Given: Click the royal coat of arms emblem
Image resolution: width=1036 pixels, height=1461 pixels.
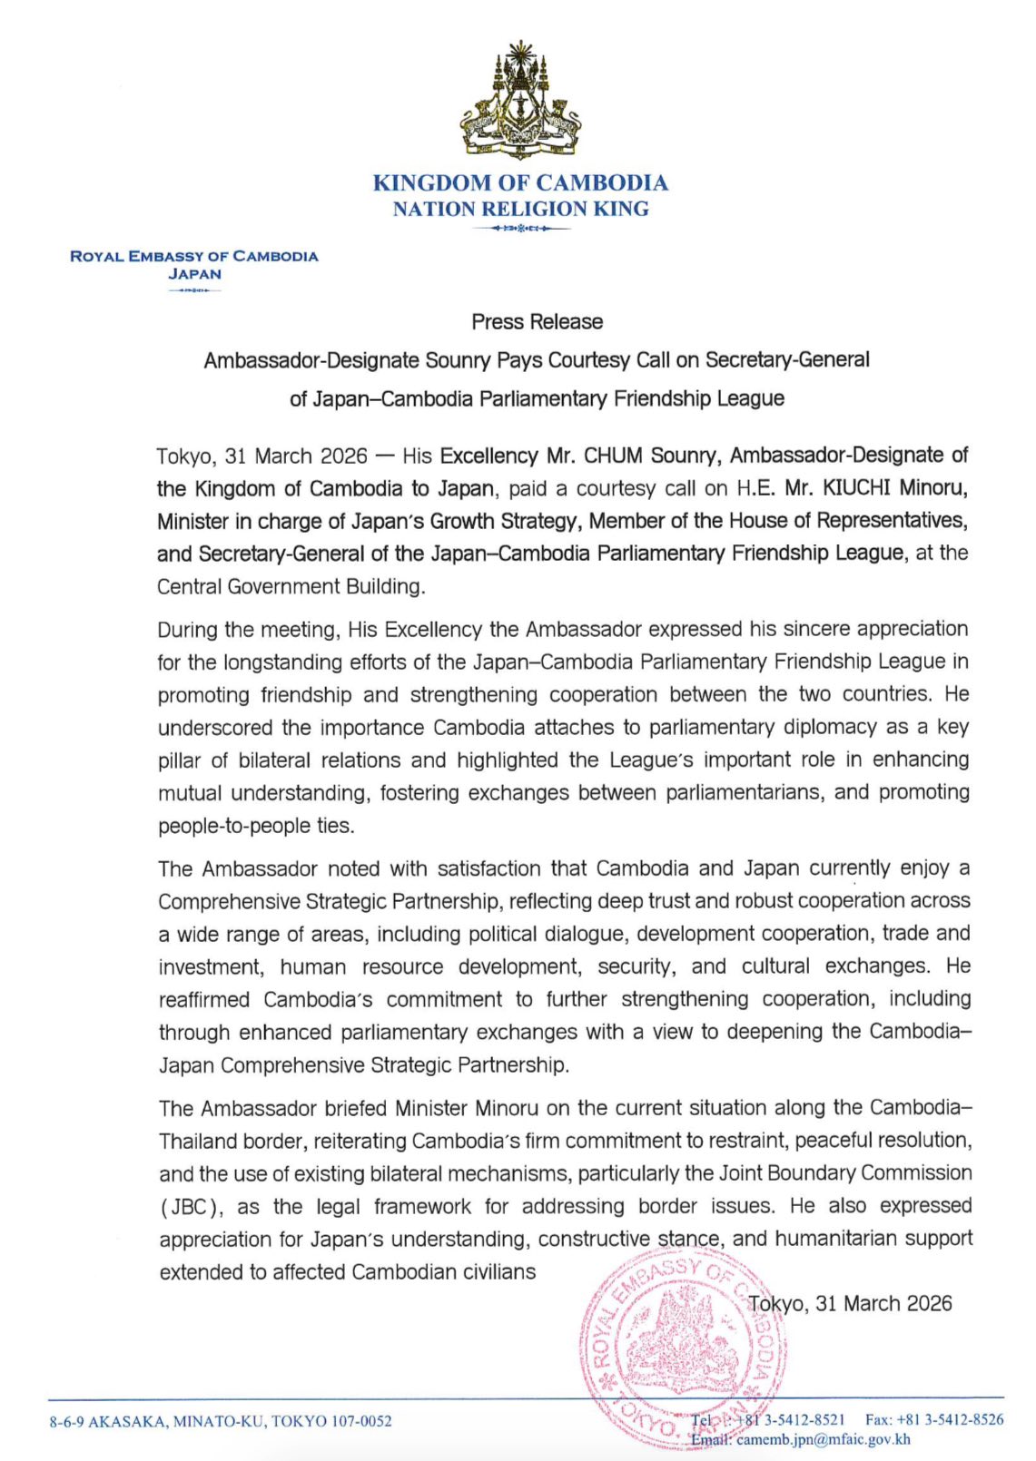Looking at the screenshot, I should click(x=519, y=100).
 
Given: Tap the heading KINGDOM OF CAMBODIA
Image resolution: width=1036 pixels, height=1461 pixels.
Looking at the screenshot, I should click(x=520, y=182).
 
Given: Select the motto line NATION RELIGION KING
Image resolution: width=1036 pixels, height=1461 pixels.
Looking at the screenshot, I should click(x=520, y=209).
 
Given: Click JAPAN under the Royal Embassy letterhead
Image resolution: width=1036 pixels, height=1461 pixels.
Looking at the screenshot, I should click(x=194, y=273).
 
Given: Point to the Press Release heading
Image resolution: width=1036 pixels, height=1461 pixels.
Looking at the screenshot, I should click(x=537, y=321).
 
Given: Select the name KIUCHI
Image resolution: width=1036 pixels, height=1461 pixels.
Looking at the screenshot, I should click(x=857, y=488).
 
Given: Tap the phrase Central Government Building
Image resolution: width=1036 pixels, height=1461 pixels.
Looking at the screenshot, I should click(x=291, y=586).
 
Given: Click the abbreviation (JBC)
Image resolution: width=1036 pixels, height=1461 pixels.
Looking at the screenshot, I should click(x=191, y=1207).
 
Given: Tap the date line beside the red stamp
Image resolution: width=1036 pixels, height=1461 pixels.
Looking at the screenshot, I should click(x=849, y=1303).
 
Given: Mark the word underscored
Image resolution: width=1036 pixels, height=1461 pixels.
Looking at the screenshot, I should click(x=214, y=728).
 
